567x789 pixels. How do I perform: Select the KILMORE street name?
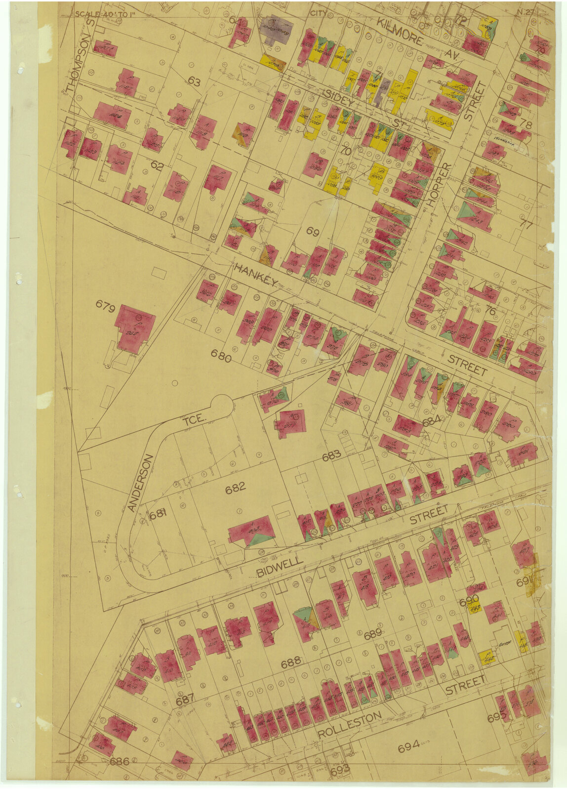click(x=400, y=31)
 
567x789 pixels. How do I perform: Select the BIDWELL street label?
click(x=280, y=567)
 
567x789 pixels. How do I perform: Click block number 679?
click(x=105, y=309)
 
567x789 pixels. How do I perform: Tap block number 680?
click(x=221, y=356)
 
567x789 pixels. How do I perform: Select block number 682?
click(x=235, y=489)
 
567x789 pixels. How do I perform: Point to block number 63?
click(x=194, y=82)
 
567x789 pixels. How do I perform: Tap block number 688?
click(x=291, y=664)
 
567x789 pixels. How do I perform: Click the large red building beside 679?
click(x=134, y=327)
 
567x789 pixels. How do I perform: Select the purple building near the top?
click(x=276, y=29)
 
